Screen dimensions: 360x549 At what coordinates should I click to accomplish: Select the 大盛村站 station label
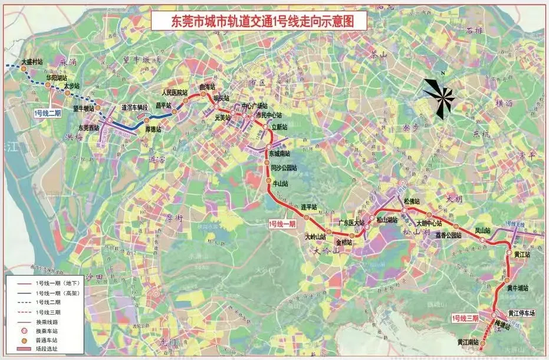pos(32,61)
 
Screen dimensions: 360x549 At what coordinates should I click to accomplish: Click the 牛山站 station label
pos(280,184)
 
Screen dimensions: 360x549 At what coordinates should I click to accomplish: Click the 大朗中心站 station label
pos(429,223)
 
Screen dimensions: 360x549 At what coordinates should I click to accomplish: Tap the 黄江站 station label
pos(522,255)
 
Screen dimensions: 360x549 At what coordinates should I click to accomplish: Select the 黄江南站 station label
pos(469,342)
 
